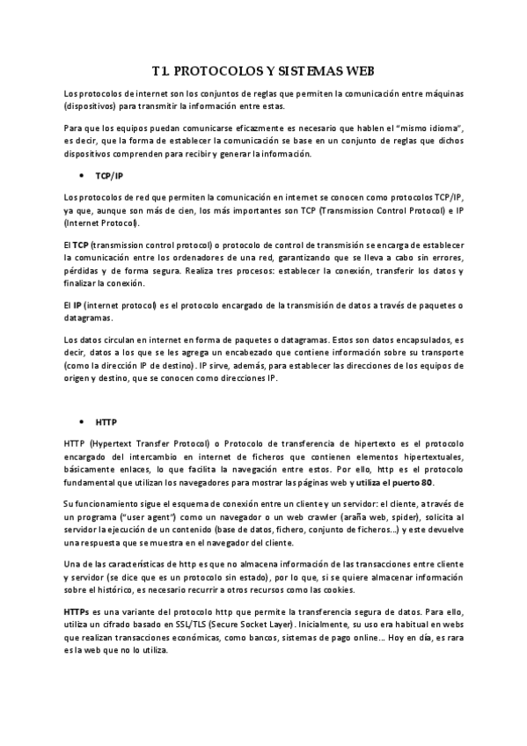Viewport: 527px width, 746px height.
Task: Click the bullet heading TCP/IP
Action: [x=109, y=176]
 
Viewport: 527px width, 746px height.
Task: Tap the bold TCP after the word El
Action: [x=81, y=243]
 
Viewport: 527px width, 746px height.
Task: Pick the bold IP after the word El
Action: [x=78, y=304]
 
